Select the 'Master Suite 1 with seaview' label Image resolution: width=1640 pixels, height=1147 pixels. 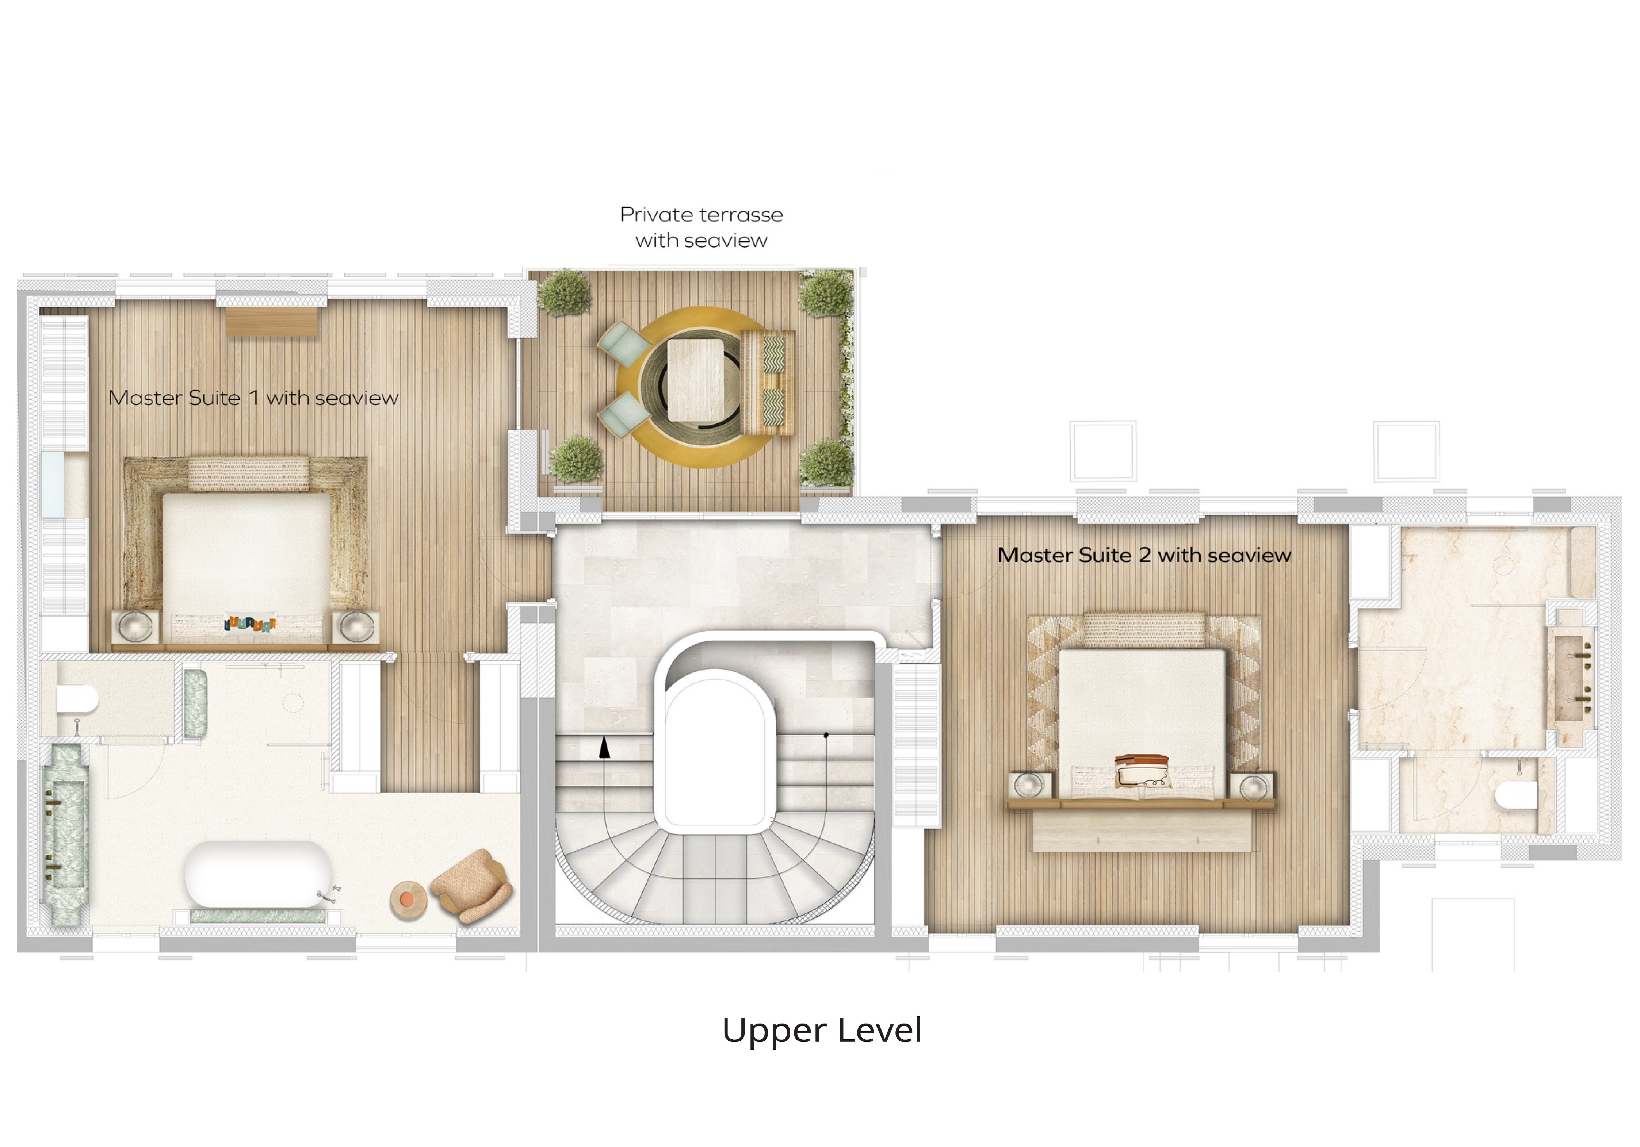253,398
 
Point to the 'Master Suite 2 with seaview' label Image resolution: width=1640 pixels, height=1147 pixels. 1144,555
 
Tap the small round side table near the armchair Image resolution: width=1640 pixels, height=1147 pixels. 409,899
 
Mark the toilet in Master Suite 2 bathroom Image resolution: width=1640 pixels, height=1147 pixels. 1516,795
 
